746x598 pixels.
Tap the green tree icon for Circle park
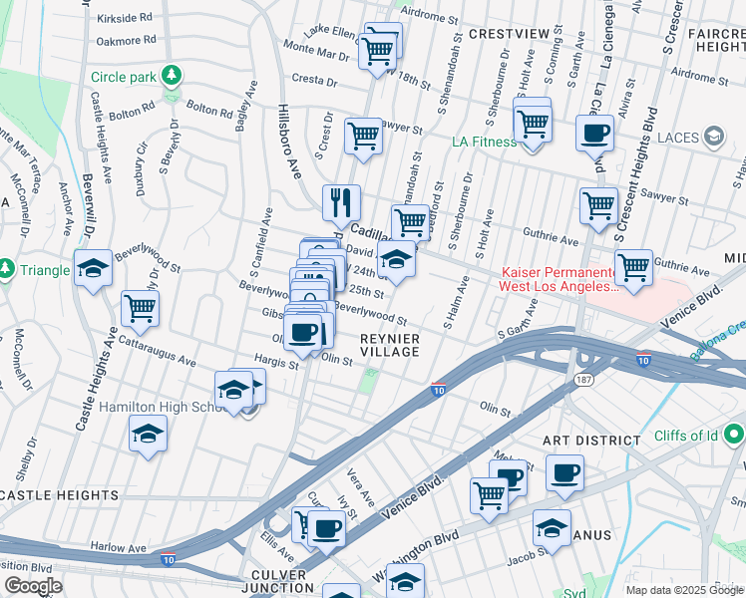173,75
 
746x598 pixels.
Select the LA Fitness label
484,142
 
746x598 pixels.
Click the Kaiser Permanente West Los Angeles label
559,279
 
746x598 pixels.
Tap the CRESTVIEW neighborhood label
509,34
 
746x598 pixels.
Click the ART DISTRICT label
591,441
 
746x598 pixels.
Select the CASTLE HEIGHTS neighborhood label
60,495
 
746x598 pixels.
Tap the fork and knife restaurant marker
341,202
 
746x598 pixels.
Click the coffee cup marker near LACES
595,133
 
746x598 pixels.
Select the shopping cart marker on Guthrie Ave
633,267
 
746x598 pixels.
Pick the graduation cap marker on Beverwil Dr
94,269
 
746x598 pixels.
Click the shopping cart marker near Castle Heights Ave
140,308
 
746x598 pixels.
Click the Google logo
32,586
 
